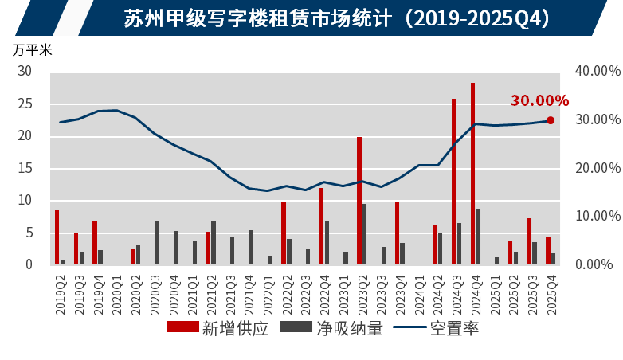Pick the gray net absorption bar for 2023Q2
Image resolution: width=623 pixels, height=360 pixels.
pos(365,234)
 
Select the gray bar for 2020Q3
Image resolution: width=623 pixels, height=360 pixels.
pos(157,242)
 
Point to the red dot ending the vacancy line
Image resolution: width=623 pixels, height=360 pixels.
pos(551,120)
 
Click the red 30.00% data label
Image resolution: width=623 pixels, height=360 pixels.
pos(539,101)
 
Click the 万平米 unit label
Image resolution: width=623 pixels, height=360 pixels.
pos(32,49)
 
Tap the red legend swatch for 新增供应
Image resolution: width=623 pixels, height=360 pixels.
pos(182,327)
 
